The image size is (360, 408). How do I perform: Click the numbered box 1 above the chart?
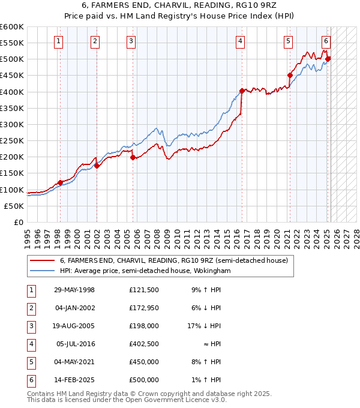pos(58,41)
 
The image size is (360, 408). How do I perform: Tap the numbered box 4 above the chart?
pos(240,41)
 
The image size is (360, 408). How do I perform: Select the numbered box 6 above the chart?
pos(326,41)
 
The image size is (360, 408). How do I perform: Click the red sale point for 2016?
pos(242,91)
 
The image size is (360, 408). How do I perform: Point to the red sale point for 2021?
pos(290,76)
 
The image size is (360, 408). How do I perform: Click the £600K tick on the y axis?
pos(12,27)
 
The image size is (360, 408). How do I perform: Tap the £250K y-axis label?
pos(12,141)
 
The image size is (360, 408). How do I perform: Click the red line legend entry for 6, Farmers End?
pos(174,260)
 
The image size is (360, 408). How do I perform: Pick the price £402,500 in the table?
pos(144,344)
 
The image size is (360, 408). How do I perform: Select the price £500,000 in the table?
pos(144,380)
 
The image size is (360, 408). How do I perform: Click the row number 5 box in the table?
pos(31,362)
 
